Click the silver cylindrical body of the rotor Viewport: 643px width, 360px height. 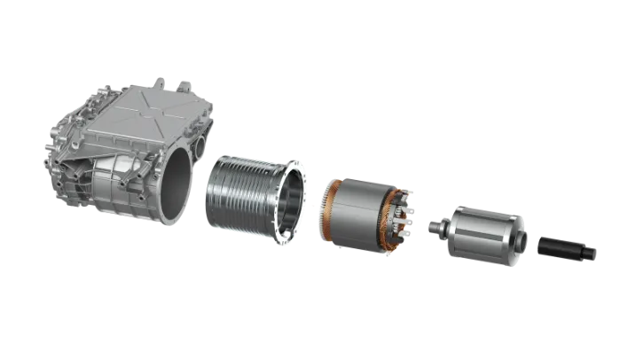click(479, 236)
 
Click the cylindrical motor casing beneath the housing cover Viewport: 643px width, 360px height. click(124, 186)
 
